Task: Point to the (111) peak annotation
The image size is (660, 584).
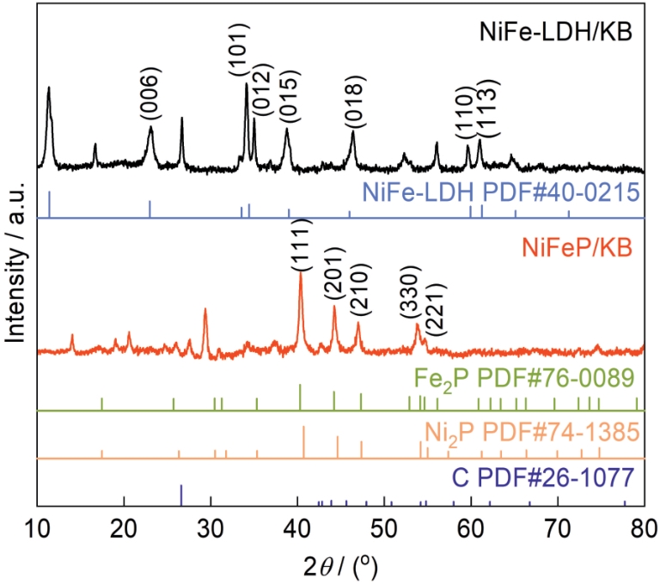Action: (x=301, y=241)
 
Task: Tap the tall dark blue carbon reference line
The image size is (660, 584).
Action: (x=181, y=495)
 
